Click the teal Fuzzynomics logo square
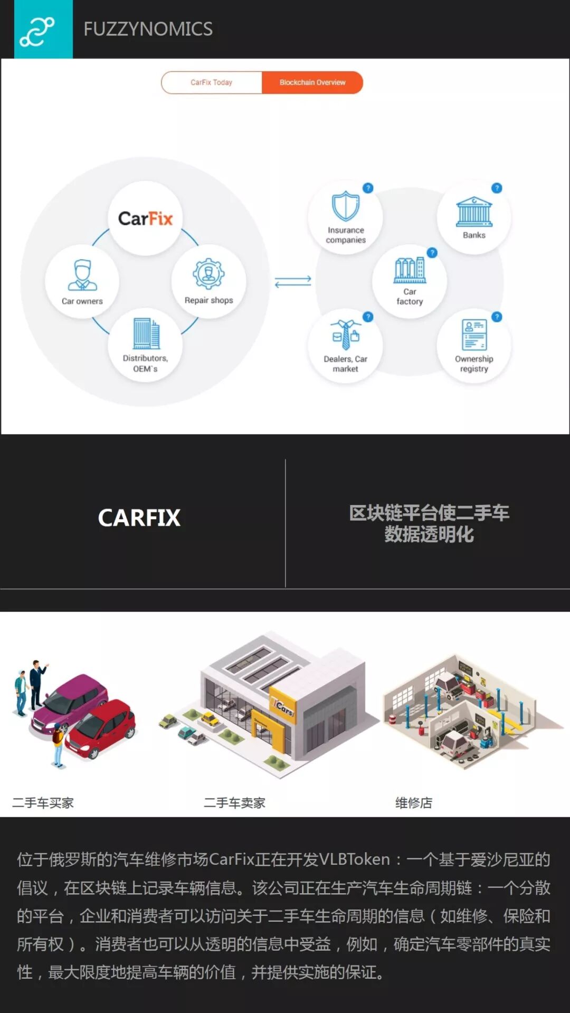(43, 30)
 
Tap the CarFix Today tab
(212, 83)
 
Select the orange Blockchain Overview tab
(312, 83)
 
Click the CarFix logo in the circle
(145, 218)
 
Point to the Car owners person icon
(82, 275)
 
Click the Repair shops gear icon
(208, 273)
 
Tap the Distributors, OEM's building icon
(146, 333)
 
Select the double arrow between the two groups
(293, 282)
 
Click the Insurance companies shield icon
(346, 206)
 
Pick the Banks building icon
(474, 212)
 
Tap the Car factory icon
(410, 270)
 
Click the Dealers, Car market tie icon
(346, 335)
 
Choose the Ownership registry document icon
(474, 335)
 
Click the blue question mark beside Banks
(497, 188)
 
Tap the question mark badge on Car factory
(432, 253)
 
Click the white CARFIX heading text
(139, 518)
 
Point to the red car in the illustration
(100, 728)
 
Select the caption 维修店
(414, 803)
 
